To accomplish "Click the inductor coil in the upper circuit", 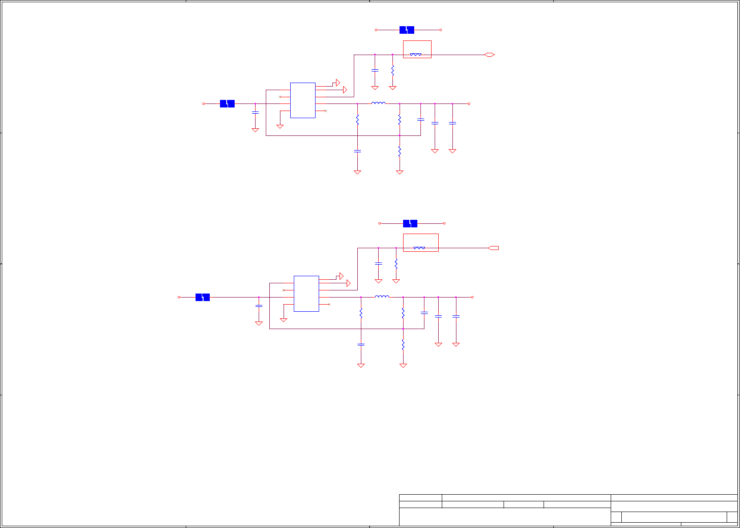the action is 378,103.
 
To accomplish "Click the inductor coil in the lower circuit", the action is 382,296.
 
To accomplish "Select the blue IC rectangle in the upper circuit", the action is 303,100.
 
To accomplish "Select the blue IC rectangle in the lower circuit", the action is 306,294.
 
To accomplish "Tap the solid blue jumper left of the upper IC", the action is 227,103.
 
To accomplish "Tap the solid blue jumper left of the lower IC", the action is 202,297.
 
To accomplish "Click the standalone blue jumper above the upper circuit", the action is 407,30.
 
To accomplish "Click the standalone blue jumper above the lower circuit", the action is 410,223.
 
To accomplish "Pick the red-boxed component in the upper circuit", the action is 417,49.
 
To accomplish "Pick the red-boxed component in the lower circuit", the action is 420,242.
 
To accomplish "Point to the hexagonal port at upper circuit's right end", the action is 489,55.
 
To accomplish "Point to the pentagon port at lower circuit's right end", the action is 493,248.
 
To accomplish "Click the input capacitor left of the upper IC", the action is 255,113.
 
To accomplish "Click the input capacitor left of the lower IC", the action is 259,306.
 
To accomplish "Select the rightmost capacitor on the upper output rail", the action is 452,123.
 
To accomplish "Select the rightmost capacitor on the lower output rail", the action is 456,316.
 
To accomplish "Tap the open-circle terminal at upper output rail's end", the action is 469,103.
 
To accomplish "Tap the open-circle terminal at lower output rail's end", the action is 472,297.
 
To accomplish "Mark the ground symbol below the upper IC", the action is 280,127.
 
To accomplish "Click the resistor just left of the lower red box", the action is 396,264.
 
